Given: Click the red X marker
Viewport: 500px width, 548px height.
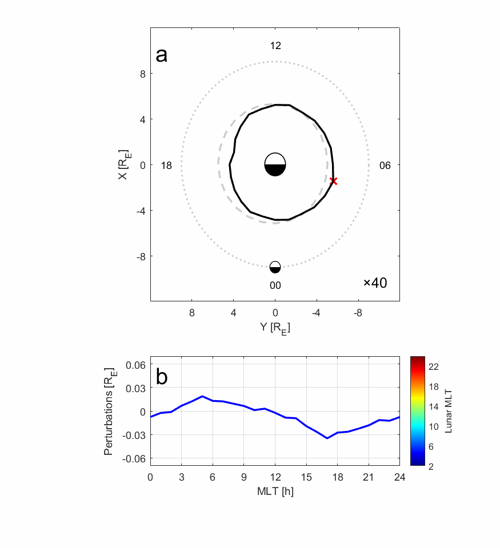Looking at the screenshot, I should [334, 181].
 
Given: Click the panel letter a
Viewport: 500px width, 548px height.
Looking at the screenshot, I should [162, 55].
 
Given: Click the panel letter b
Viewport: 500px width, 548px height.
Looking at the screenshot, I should [162, 377].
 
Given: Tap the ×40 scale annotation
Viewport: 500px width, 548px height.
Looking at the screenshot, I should [375, 283].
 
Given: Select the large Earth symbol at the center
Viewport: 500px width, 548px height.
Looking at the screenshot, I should [275, 164].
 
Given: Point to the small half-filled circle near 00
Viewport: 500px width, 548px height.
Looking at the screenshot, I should [275, 267].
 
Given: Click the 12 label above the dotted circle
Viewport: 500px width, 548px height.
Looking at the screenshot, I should [275, 46].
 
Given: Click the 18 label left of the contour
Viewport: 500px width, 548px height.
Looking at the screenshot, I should [166, 166].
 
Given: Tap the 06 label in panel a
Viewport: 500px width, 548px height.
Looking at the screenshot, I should [385, 166].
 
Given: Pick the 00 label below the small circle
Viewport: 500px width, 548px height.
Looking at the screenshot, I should [275, 285].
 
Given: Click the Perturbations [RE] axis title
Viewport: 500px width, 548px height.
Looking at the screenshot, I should [109, 412].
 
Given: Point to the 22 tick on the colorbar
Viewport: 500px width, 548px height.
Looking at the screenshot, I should [434, 367].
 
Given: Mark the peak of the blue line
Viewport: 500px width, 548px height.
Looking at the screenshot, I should [202, 396].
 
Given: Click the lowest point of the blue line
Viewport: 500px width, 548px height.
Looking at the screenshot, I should [327, 438].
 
